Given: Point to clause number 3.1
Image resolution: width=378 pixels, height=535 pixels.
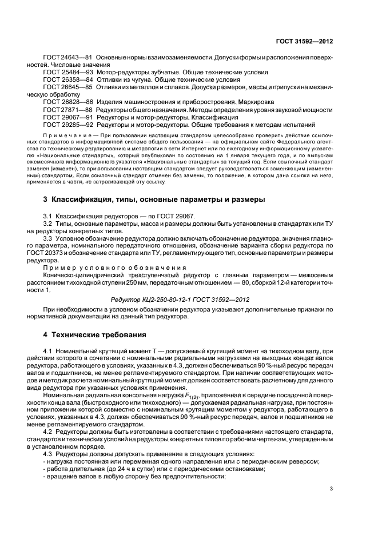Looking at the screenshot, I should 47,215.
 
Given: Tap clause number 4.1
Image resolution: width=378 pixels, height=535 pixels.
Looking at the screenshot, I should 47,350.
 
